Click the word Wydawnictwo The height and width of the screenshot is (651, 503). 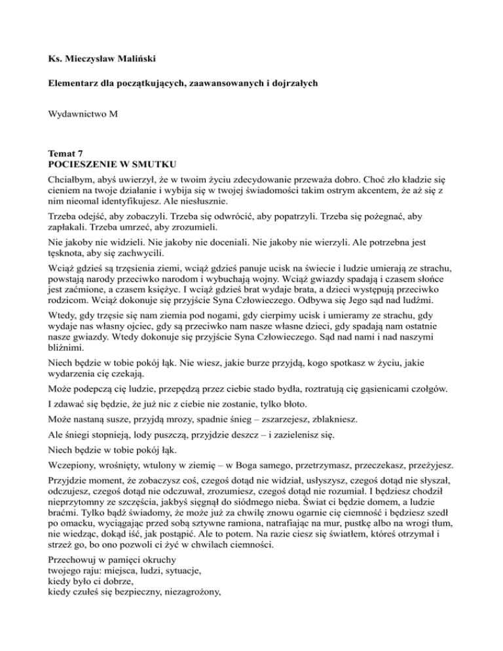73,114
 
